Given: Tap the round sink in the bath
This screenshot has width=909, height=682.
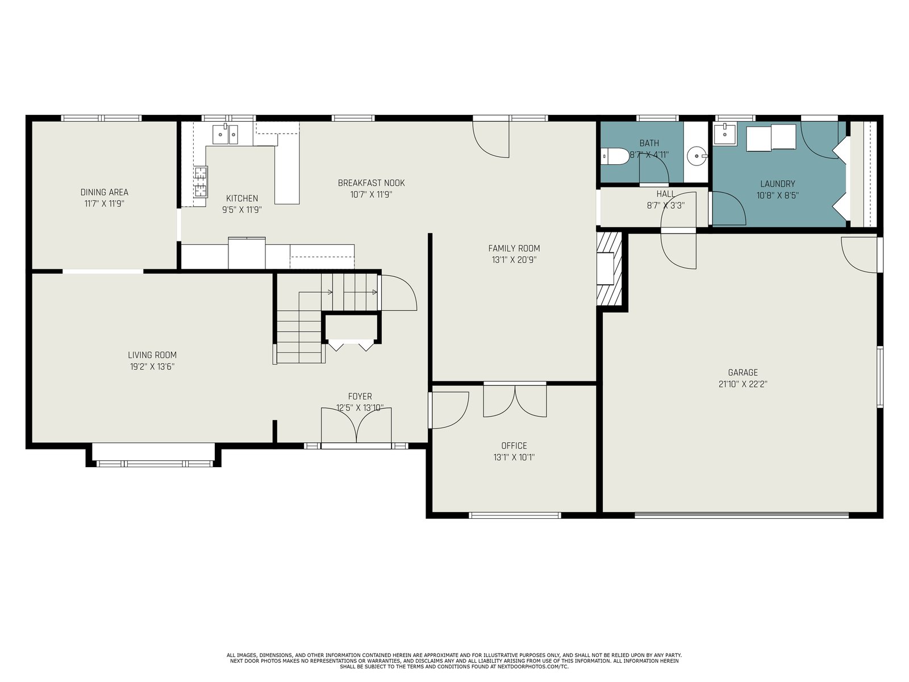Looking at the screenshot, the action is coord(697,156).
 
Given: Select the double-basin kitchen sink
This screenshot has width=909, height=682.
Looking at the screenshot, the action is coord(226,135).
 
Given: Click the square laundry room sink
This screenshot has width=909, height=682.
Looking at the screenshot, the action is coord(725,134).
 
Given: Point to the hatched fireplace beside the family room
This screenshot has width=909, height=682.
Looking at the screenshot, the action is coord(609,268).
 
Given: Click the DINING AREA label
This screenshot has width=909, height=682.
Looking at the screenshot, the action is coord(105,192).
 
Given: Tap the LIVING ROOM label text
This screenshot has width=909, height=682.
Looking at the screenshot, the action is coord(152,355).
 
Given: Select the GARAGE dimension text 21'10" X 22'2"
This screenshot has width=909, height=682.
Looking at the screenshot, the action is coord(743,384).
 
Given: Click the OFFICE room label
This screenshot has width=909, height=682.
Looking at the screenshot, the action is coord(514,446).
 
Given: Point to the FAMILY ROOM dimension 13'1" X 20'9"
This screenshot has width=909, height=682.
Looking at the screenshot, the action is coord(514,260).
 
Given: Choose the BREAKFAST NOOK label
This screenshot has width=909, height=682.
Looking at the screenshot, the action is coord(371,182).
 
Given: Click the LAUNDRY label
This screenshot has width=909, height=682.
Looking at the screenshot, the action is coord(777,184).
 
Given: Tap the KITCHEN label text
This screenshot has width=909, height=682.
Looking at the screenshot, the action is coord(242,198).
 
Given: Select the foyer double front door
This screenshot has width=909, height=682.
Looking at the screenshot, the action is coord(356,426).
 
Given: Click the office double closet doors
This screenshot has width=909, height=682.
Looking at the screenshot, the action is coord(515,400).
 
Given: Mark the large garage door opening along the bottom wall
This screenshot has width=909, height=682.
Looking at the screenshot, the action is coord(741,515).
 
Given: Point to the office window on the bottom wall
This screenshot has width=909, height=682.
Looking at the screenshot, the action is coord(515,515).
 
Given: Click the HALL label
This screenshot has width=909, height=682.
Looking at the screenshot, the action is coord(665,194).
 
